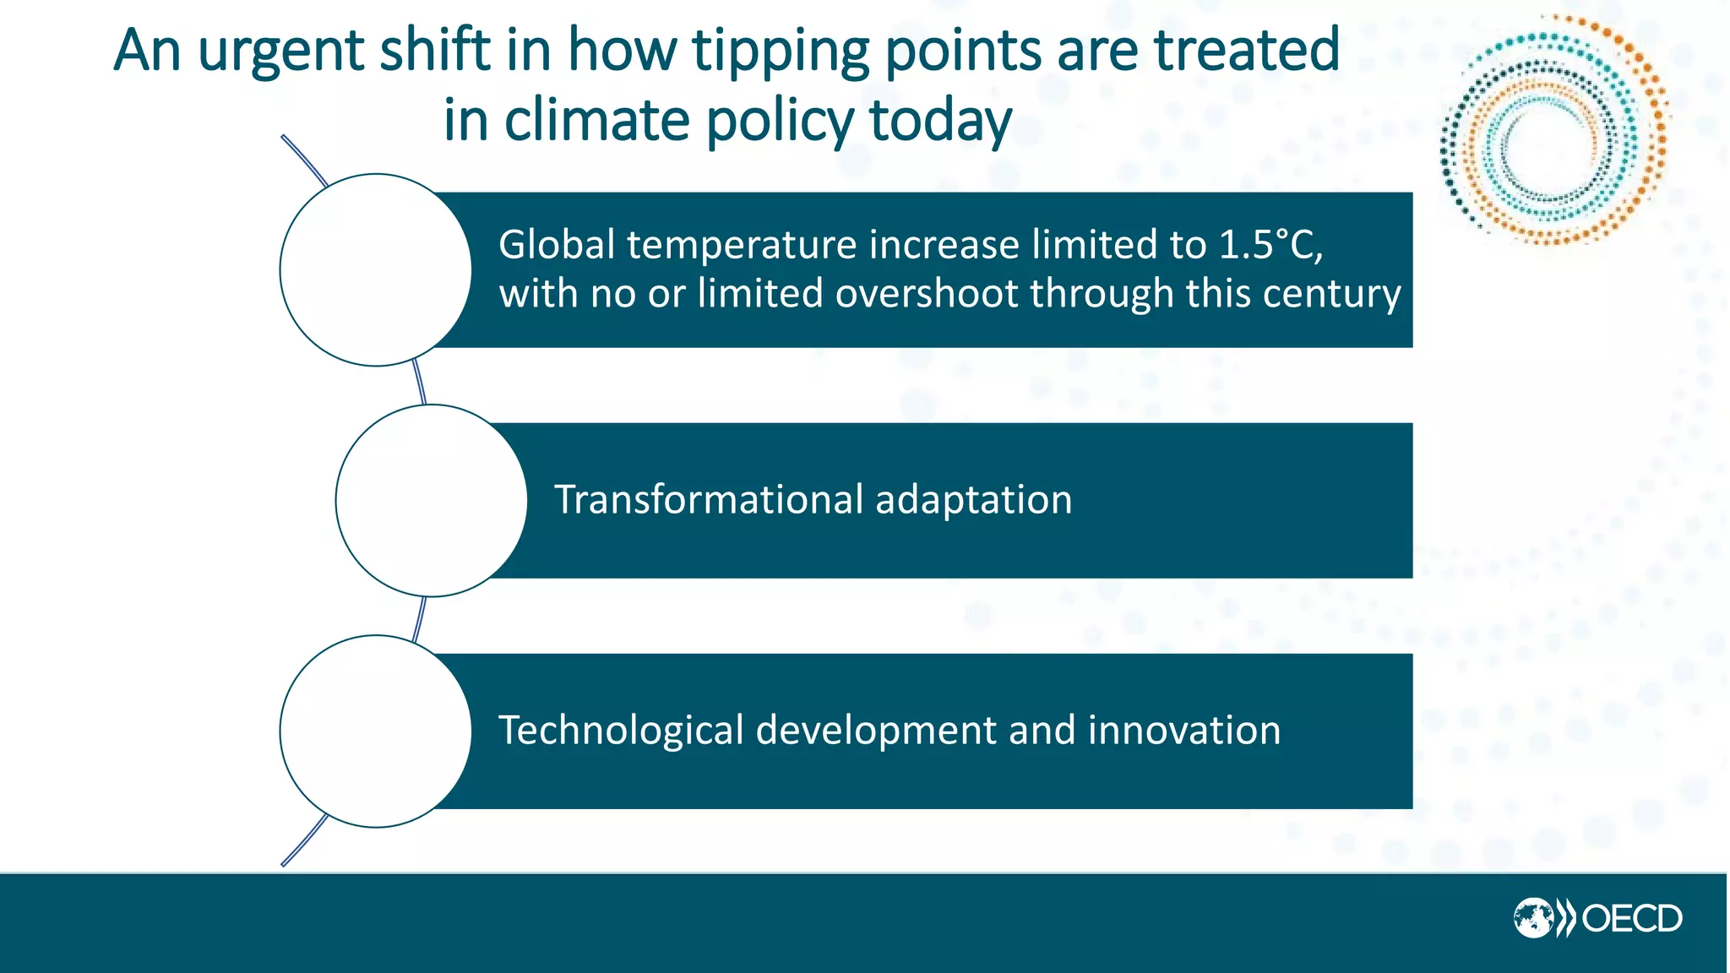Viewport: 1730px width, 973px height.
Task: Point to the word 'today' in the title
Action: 939,122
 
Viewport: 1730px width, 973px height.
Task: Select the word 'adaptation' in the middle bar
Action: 973,499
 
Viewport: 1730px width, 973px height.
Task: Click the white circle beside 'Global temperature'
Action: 376,270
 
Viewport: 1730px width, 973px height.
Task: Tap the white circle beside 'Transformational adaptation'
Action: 432,501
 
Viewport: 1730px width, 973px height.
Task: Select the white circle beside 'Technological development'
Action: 376,731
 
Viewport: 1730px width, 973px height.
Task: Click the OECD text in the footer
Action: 1631,919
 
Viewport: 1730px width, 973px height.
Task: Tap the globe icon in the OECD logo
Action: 1532,919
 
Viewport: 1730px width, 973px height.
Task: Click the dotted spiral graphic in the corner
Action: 1553,131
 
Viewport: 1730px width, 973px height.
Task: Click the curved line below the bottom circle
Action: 302,842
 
